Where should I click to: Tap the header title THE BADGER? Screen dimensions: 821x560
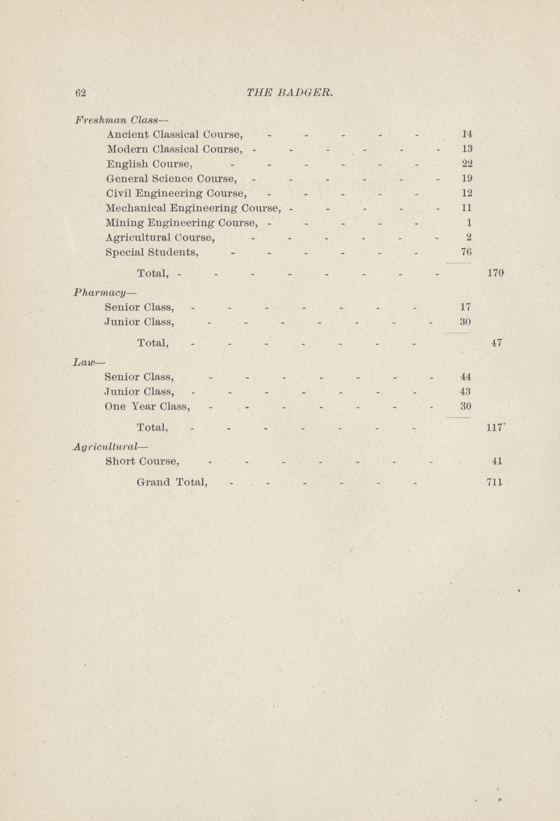(289, 93)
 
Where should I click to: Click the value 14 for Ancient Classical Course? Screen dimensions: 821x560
(467, 134)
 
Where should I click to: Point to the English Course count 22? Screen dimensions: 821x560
(467, 164)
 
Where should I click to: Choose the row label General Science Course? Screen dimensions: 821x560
(171, 179)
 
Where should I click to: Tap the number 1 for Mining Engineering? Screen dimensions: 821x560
(469, 223)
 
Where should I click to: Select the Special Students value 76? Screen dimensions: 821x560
(467, 252)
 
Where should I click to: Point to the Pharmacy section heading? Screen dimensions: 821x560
(100, 292)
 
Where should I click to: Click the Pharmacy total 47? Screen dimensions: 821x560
(497, 343)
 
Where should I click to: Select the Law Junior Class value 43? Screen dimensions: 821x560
(466, 392)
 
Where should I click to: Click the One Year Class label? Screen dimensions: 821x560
(147, 406)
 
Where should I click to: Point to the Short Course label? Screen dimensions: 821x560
(142, 461)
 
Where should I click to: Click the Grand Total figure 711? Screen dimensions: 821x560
(494, 482)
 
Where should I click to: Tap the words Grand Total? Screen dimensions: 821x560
(172, 482)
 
